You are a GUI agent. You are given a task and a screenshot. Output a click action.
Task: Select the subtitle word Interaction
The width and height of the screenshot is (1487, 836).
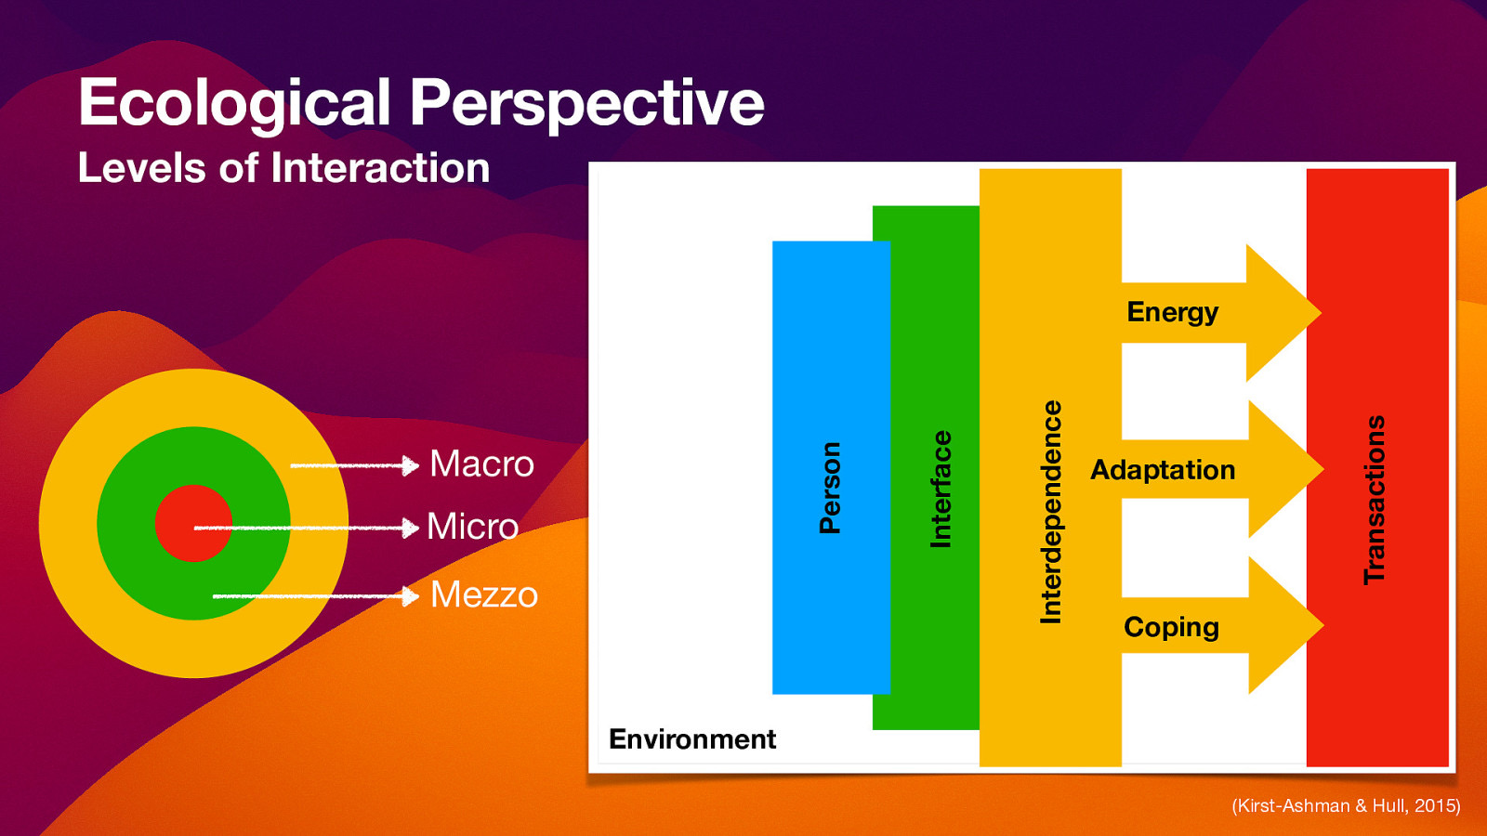click(380, 168)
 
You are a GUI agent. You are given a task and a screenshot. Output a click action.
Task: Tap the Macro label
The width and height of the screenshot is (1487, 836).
click(481, 464)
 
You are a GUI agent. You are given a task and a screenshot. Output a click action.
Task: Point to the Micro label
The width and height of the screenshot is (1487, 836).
click(472, 527)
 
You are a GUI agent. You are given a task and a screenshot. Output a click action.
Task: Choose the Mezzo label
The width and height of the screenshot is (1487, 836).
click(484, 594)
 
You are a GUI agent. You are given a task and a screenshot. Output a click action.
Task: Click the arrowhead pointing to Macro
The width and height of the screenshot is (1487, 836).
click(410, 465)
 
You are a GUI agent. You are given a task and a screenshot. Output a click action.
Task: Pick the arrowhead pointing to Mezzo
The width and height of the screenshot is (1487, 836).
click(410, 595)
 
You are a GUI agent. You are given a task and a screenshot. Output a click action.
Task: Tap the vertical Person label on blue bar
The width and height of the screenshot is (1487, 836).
click(830, 487)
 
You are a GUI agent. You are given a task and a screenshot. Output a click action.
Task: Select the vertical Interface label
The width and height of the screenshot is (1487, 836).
click(941, 489)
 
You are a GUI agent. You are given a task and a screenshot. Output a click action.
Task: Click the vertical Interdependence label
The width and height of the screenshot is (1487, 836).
click(1050, 511)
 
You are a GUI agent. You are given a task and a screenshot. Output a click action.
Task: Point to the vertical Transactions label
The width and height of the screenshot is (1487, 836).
click(1375, 499)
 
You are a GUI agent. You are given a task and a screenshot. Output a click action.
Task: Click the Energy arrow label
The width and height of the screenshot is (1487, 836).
click(1172, 312)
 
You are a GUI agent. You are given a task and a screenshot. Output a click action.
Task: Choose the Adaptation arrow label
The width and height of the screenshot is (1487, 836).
click(1163, 470)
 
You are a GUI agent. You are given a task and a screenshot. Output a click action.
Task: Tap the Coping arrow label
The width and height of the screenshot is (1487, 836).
click(1171, 627)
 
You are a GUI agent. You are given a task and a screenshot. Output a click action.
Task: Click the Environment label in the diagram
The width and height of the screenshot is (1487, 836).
click(692, 738)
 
